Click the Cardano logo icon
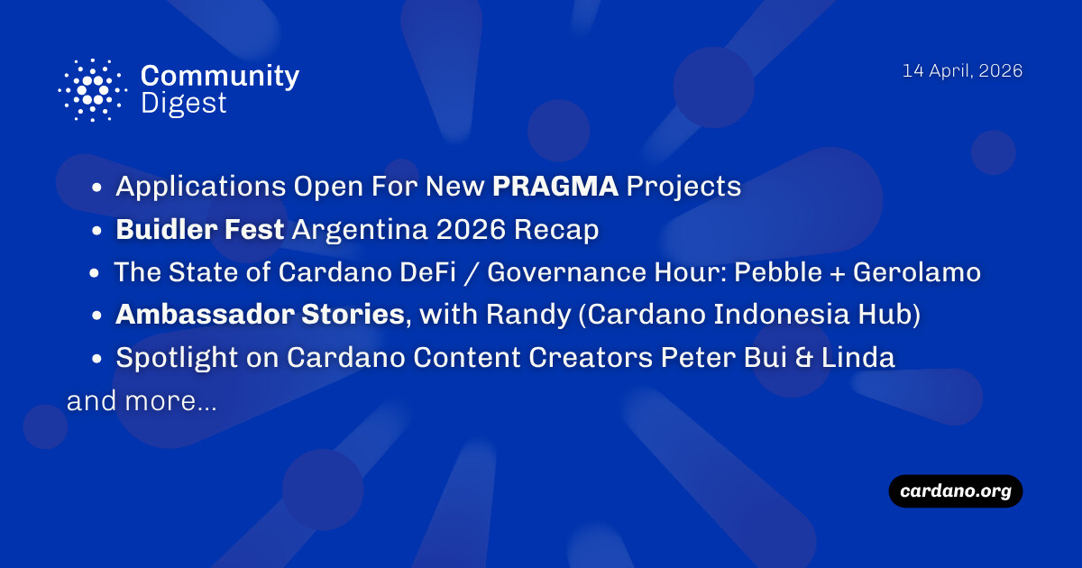tap(91, 90)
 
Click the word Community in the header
tap(220, 76)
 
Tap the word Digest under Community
tap(184, 104)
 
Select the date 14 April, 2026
tap(962, 71)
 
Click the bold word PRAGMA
tap(555, 187)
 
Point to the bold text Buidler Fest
tap(200, 230)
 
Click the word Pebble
tap(788, 272)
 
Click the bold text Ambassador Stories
tap(259, 315)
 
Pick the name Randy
tap(518, 315)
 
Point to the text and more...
tap(142, 401)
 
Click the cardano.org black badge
tap(956, 491)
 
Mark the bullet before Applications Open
tap(97, 189)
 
